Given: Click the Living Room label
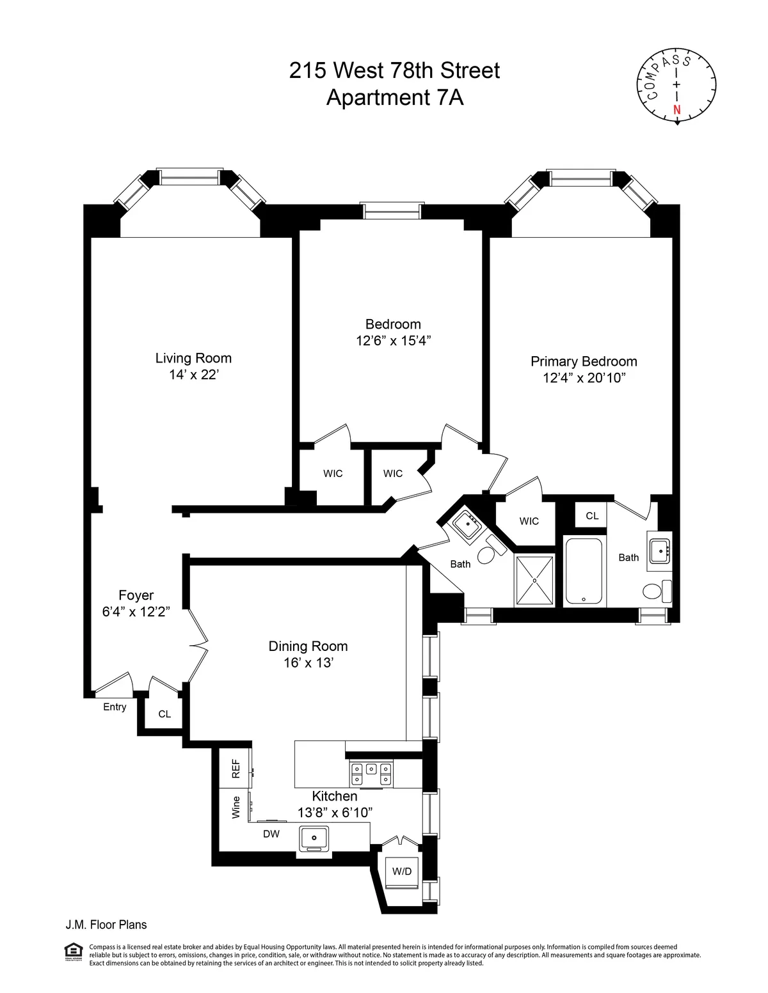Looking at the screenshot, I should click(x=193, y=358).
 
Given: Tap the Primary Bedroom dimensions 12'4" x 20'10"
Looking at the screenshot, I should click(x=584, y=378).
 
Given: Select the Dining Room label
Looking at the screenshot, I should click(x=308, y=646).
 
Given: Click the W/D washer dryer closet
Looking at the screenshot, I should click(x=402, y=872).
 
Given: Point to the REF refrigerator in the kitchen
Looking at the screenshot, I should click(x=236, y=769).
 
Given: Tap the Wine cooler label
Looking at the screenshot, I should click(x=236, y=807).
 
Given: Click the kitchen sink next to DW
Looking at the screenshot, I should click(x=314, y=837).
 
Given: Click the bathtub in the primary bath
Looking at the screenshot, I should click(x=583, y=571).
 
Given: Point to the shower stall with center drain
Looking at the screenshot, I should click(x=534, y=580).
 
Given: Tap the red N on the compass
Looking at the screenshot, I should click(x=677, y=110).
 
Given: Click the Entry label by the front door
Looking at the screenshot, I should click(x=115, y=707).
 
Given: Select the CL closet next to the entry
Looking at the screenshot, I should click(x=164, y=714).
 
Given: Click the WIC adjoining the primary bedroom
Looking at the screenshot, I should click(x=529, y=521).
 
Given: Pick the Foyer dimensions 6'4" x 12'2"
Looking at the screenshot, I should click(x=136, y=612).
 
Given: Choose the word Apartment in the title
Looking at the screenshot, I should click(x=378, y=98).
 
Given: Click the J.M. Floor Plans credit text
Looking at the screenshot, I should click(x=106, y=925).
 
